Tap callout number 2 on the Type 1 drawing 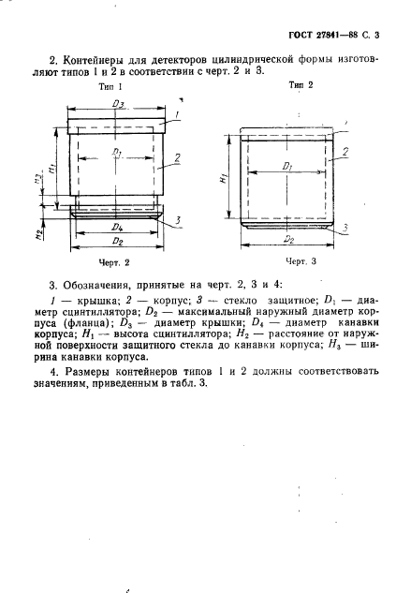click(x=177, y=159)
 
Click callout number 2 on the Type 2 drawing click(x=345, y=149)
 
